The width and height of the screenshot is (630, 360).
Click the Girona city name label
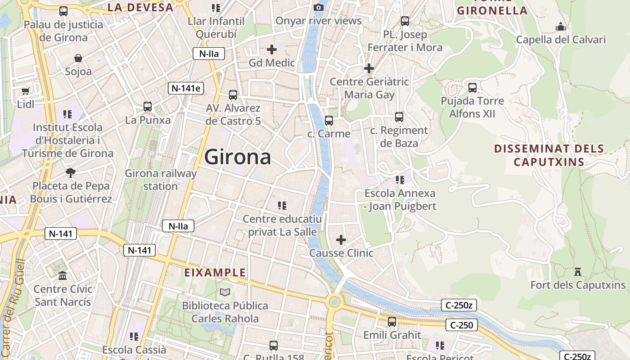click(x=238, y=157)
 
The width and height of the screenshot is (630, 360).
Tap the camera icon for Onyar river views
click(x=319, y=7)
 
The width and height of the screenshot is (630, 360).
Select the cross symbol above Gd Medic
click(x=272, y=49)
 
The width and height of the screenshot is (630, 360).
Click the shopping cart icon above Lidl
click(x=26, y=91)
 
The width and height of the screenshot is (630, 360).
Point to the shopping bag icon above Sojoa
click(x=78, y=58)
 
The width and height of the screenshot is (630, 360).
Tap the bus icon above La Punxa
click(x=148, y=107)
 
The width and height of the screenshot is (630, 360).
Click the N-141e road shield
click(x=186, y=88)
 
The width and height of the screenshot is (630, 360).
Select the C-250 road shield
click(x=461, y=325)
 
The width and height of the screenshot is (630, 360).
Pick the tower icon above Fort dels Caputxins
click(x=578, y=271)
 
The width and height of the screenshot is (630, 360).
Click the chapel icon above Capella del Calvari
click(x=560, y=27)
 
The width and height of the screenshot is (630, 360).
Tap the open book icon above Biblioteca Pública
click(x=225, y=292)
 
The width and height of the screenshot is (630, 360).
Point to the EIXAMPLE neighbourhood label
click(x=216, y=272)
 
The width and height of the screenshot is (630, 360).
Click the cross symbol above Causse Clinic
click(x=341, y=239)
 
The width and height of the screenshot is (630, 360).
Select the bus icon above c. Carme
click(x=329, y=120)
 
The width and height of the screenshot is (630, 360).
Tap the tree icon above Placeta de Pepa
click(x=71, y=172)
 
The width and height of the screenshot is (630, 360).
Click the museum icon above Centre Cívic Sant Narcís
click(x=63, y=275)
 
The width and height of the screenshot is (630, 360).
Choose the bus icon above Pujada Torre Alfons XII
click(x=472, y=87)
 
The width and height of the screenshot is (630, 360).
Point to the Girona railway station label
click(x=161, y=180)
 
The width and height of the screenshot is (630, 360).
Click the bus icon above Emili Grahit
click(x=392, y=321)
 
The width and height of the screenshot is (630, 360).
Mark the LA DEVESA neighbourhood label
click(x=140, y=7)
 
